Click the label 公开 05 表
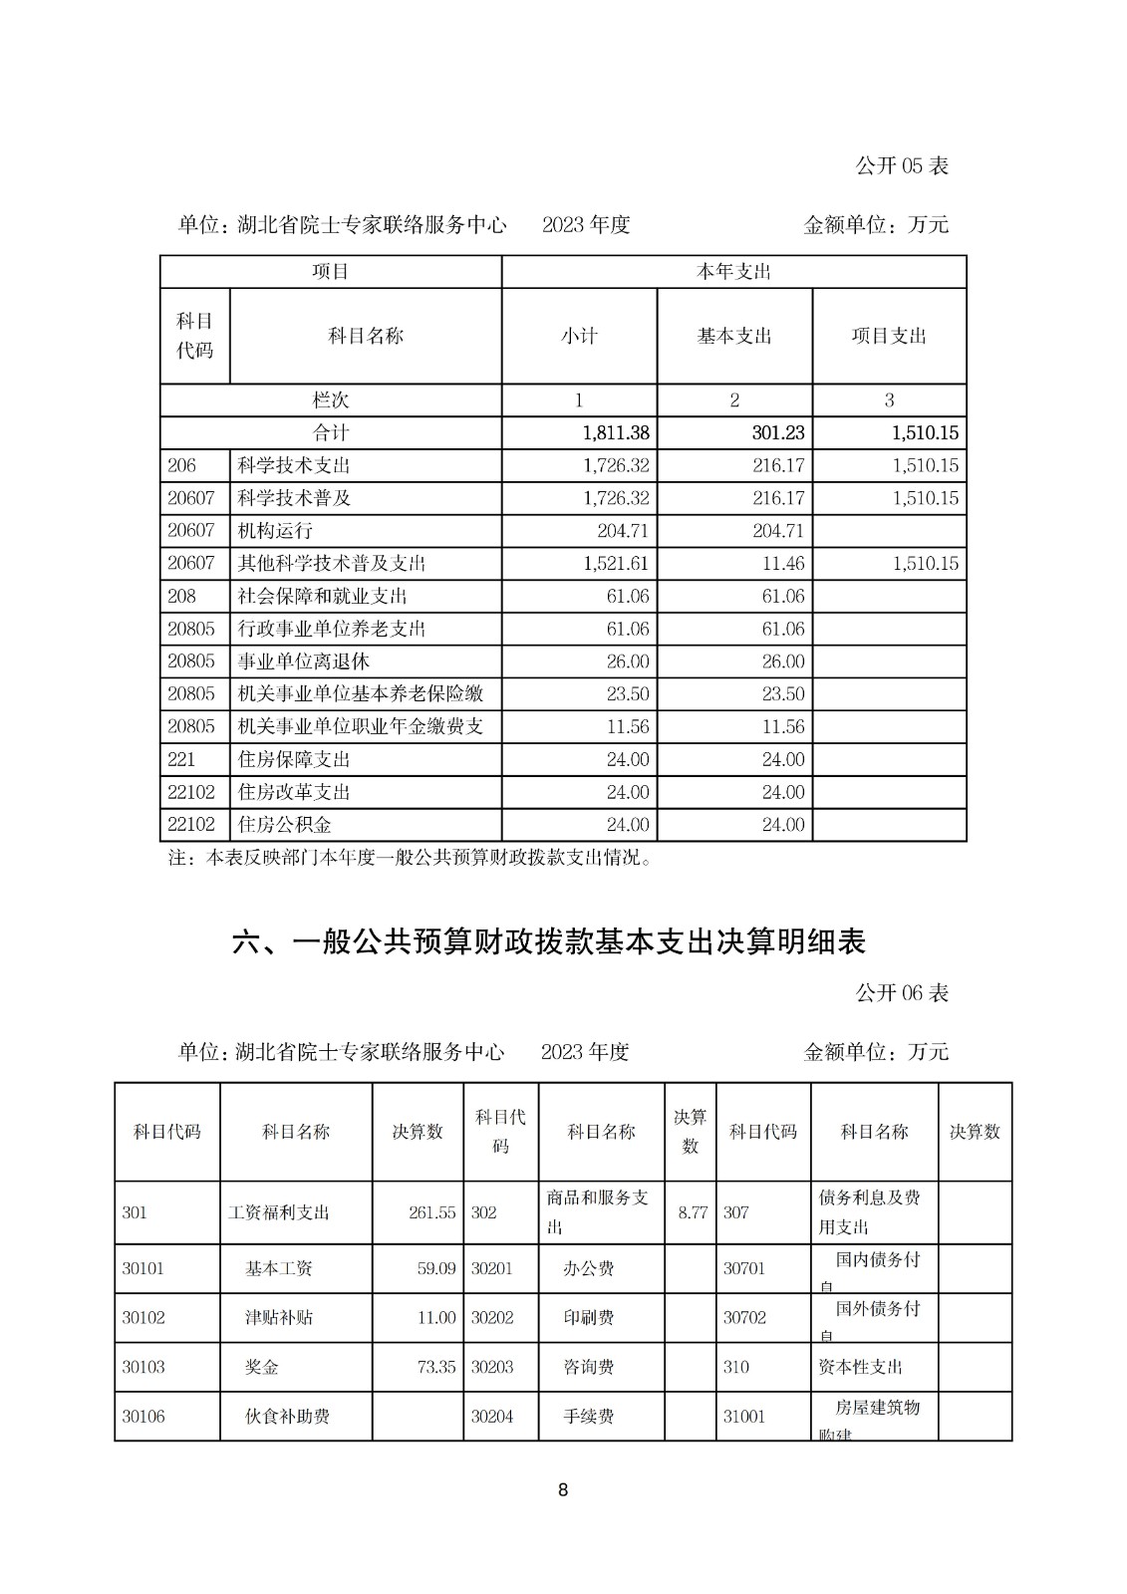901,165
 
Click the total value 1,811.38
615,433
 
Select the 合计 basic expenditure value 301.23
778,433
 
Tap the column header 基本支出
734,337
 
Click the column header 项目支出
889,337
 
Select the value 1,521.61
615,564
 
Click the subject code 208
182,597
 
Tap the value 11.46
782,564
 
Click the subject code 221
182,760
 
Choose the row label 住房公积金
285,825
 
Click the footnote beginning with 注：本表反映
410,858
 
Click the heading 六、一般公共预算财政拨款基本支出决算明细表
549,941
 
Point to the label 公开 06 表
901,993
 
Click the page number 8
563,1490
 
